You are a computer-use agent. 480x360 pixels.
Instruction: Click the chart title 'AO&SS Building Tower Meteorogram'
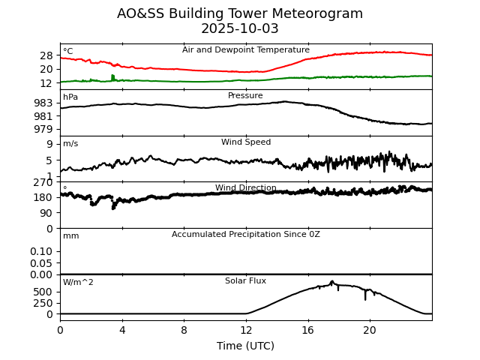tap(240, 13)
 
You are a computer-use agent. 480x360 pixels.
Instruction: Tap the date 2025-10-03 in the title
tap(240, 29)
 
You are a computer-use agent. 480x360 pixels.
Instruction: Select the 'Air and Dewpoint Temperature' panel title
tap(245, 50)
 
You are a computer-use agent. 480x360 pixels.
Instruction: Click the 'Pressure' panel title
tap(245, 96)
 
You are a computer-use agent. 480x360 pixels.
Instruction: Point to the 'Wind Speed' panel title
tap(245, 142)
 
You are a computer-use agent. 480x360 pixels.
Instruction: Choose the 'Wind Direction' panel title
tap(245, 188)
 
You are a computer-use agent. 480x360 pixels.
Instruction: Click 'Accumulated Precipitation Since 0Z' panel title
tap(245, 235)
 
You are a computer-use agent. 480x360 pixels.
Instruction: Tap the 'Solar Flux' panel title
tap(245, 281)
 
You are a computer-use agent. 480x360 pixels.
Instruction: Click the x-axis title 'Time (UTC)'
tap(245, 346)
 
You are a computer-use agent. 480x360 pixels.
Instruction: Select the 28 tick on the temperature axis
tap(46, 55)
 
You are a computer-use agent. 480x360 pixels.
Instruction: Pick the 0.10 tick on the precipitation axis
tap(42, 251)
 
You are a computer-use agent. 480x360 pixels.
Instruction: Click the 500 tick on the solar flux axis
tap(43, 292)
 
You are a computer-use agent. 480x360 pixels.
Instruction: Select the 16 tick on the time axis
tap(307, 330)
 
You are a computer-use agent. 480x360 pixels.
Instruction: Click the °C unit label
tap(67, 52)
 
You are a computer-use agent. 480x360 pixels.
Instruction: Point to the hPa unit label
tap(70, 97)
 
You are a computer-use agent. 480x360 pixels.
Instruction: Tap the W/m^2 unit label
tap(78, 283)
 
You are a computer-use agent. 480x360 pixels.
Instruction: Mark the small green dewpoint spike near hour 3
tap(112, 76)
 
